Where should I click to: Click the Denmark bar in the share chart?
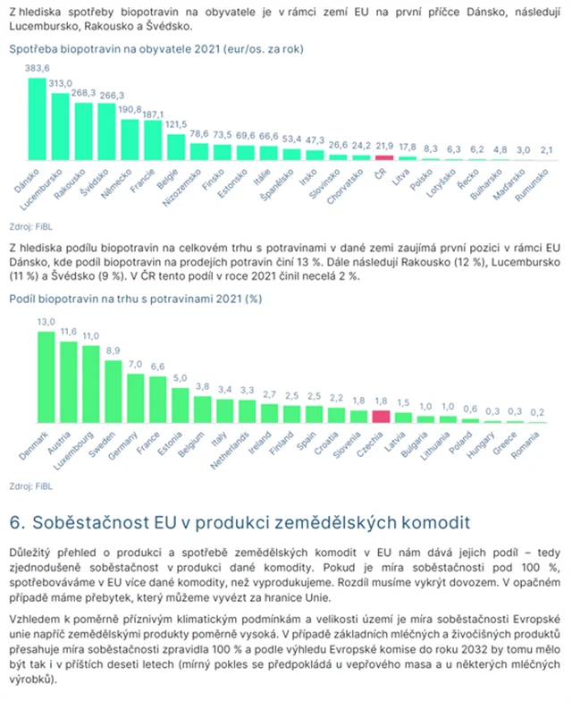tap(46, 376)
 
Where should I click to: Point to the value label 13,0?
tap(46, 321)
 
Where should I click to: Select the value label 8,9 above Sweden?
tap(113, 350)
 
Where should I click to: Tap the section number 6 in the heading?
tap(14, 521)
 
